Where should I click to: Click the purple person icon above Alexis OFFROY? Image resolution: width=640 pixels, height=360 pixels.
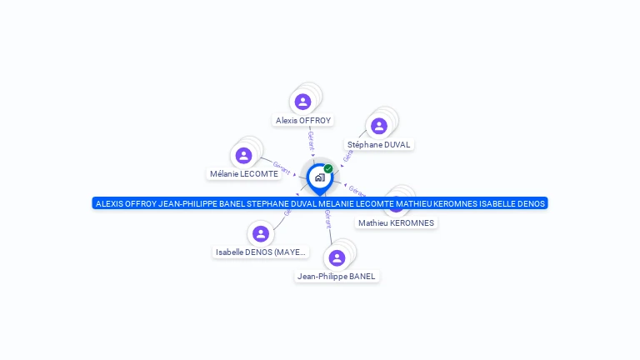[302, 102]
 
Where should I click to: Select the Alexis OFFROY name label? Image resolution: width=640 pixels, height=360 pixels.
[303, 120]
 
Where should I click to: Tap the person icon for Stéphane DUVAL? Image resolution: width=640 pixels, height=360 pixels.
[379, 126]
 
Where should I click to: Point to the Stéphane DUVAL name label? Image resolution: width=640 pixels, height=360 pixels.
[379, 144]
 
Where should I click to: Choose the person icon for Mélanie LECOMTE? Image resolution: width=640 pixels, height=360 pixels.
[243, 156]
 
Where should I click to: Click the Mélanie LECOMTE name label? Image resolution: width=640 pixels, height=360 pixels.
[244, 174]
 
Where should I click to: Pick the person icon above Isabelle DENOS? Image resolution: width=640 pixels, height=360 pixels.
[261, 234]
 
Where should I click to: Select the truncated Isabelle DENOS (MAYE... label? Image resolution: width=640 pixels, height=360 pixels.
[261, 252]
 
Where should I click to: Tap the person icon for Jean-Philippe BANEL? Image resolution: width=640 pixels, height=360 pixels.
[337, 258]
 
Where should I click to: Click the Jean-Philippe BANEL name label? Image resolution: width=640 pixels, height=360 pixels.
[337, 276]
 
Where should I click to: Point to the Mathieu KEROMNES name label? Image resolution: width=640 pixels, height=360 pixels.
[396, 222]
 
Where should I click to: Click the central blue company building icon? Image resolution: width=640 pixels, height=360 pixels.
[319, 177]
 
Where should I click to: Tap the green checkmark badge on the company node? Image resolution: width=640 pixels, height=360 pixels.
[328, 169]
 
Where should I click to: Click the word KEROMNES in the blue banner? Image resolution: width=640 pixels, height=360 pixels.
[447, 203]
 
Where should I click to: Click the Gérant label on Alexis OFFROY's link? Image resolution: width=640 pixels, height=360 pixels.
[311, 139]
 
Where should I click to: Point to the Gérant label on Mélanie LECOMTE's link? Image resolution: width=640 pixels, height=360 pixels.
[281, 167]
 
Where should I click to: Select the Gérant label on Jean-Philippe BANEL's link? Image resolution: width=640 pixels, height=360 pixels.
[328, 219]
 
